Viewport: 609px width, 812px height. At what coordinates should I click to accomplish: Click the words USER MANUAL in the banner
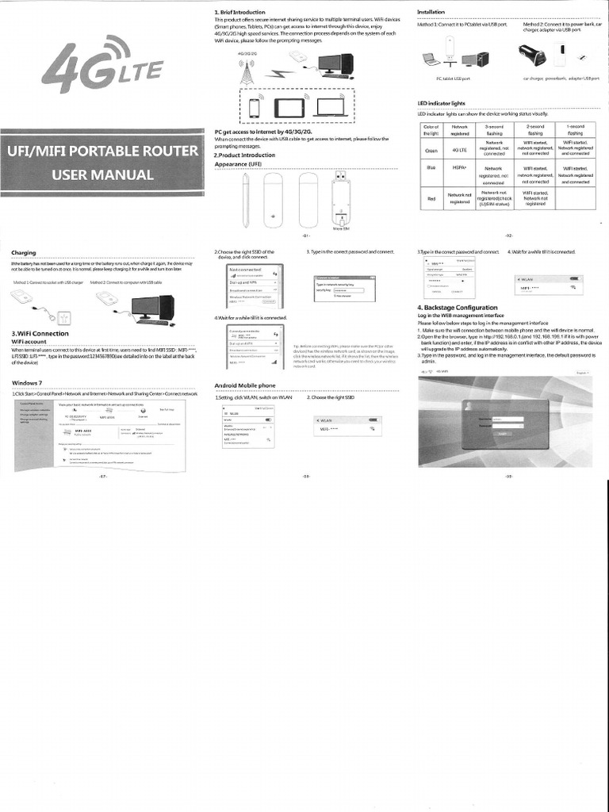point(101,174)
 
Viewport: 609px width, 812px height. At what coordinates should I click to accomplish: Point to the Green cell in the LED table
point(431,150)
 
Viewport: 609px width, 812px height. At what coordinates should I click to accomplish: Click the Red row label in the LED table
point(431,199)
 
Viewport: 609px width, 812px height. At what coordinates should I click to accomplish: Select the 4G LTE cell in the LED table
point(459,150)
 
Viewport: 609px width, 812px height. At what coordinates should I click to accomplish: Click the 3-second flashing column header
point(494,130)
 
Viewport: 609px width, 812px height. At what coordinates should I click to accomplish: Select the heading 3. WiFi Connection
point(40,333)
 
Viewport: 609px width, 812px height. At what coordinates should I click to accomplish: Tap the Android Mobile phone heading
point(245,385)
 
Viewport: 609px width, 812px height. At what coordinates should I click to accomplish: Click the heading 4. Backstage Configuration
point(457,308)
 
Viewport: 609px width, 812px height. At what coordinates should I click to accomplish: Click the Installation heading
point(431,13)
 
